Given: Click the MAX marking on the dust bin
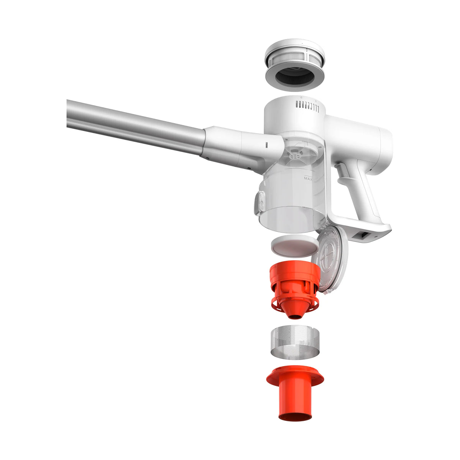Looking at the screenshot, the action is [x=308, y=178].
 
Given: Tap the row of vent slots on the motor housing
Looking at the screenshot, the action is [x=307, y=106].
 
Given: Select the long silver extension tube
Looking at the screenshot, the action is [x=136, y=127].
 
